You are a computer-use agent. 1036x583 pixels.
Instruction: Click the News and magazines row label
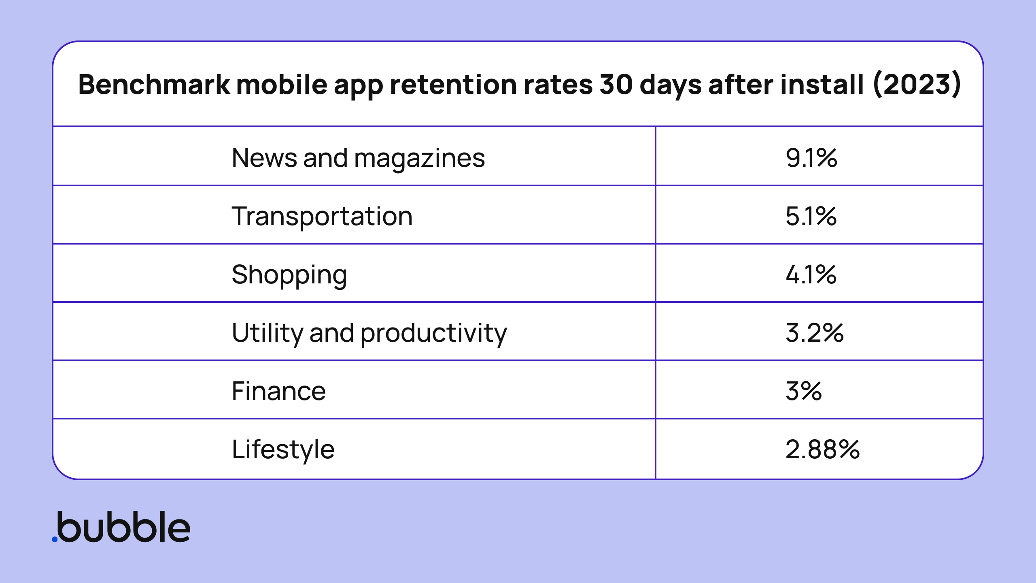(358, 158)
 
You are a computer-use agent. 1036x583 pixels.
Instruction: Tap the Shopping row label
(289, 274)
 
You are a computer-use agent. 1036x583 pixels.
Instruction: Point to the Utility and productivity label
(369, 333)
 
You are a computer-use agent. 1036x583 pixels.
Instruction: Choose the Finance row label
(279, 391)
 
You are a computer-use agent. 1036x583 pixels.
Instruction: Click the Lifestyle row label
(283, 449)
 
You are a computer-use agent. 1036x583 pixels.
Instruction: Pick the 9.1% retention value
(811, 158)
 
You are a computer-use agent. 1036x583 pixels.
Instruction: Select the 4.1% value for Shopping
(811, 274)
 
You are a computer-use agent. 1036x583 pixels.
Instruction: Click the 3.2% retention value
(814, 333)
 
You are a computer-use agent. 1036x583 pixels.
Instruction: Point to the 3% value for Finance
(804, 391)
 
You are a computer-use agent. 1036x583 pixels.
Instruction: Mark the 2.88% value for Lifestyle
(822, 449)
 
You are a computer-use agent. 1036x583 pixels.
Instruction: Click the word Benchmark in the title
(154, 85)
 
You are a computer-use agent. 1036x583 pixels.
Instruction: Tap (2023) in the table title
(917, 85)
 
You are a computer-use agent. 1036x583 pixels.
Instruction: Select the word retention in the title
(453, 85)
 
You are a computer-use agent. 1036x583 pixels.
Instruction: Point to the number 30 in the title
(616, 85)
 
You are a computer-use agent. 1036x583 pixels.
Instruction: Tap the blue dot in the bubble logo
(55, 539)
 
